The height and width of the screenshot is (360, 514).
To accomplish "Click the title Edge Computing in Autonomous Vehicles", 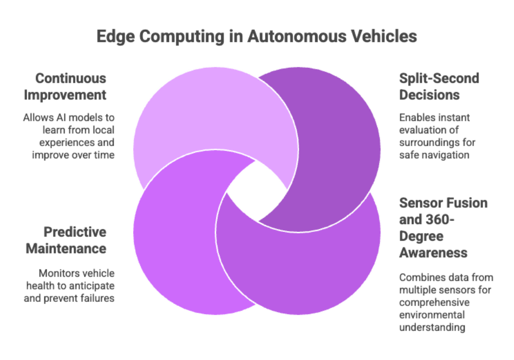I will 257,38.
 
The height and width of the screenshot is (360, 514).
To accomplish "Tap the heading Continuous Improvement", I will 70,87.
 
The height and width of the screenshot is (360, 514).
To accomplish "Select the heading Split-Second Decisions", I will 439,87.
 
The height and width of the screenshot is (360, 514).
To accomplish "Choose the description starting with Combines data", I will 445,302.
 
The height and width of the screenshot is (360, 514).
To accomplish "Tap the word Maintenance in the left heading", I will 75,248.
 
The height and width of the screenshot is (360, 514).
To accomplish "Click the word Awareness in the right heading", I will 433,253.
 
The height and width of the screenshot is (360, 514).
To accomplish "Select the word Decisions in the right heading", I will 430,95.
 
